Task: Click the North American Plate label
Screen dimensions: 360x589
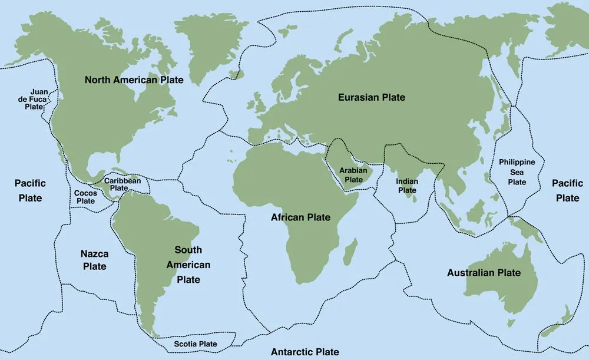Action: (x=134, y=80)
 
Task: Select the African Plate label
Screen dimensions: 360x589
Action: (x=300, y=217)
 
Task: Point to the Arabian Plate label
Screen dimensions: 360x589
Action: (x=353, y=175)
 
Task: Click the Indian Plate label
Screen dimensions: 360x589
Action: (x=406, y=186)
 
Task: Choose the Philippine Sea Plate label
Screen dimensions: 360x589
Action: (x=517, y=172)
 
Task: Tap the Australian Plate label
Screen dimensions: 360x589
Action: (x=484, y=273)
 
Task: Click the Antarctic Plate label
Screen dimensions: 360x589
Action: (x=305, y=352)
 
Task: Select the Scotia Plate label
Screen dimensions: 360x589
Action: (x=195, y=344)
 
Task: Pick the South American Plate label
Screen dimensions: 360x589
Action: (x=188, y=265)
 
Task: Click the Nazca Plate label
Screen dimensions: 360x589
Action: (x=94, y=260)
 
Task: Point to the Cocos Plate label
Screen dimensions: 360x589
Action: (x=85, y=197)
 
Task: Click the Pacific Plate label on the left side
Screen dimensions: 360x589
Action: (x=29, y=190)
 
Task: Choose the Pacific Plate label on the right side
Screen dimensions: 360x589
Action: (x=567, y=190)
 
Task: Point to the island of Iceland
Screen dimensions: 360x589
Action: (x=237, y=74)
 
